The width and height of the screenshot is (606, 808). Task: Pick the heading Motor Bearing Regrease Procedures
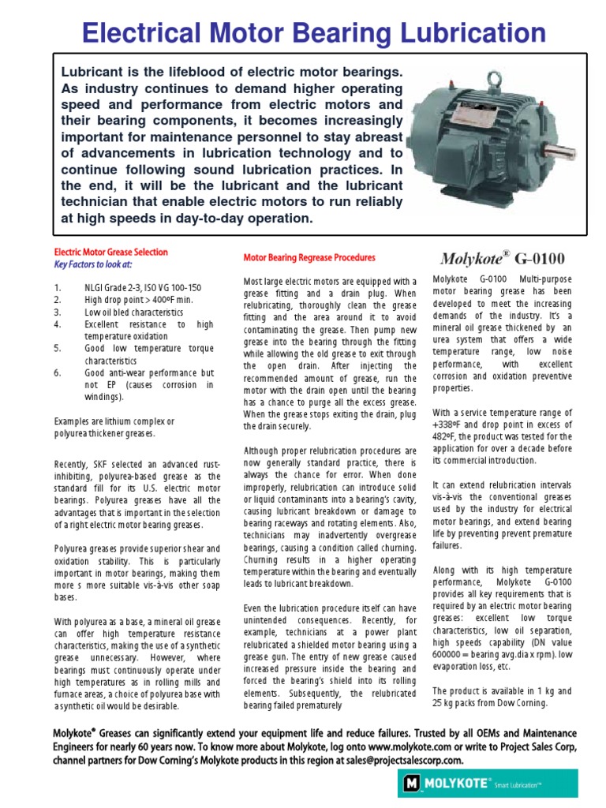click(x=309, y=258)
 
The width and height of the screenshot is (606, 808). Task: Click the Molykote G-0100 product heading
click(x=501, y=258)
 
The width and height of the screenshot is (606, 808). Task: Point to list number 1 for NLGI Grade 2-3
click(x=58, y=288)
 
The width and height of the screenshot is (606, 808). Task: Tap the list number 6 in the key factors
click(x=58, y=372)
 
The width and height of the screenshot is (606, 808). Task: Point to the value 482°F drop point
click(x=447, y=438)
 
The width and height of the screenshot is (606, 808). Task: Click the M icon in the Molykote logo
click(x=411, y=784)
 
